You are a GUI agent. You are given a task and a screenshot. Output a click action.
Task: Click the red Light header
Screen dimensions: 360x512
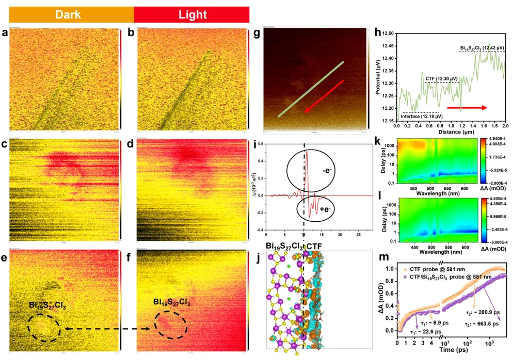click(x=191, y=14)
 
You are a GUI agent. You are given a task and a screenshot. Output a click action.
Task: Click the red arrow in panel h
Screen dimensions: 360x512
click(x=467, y=107)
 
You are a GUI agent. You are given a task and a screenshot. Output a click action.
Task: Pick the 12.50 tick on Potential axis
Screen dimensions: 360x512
click(x=387, y=33)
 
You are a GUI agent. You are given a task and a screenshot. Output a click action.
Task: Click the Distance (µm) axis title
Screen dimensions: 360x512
click(x=450, y=132)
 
